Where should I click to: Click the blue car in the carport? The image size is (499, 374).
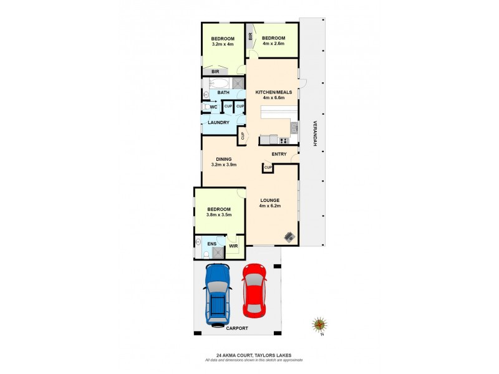(x=218, y=294)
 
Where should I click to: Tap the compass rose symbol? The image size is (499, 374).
(x=320, y=325)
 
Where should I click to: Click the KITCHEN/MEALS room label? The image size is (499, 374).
(x=274, y=92)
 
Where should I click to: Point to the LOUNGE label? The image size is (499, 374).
(x=270, y=200)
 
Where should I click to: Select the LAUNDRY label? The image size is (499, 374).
(x=218, y=123)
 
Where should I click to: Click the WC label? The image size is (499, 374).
(x=213, y=107)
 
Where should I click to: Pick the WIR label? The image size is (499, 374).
(x=233, y=246)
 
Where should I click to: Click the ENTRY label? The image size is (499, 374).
(x=279, y=154)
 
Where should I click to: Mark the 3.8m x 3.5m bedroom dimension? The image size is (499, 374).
(x=219, y=214)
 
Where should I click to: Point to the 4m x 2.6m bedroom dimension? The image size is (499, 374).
(x=273, y=44)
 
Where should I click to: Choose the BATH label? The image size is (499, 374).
(x=223, y=93)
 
